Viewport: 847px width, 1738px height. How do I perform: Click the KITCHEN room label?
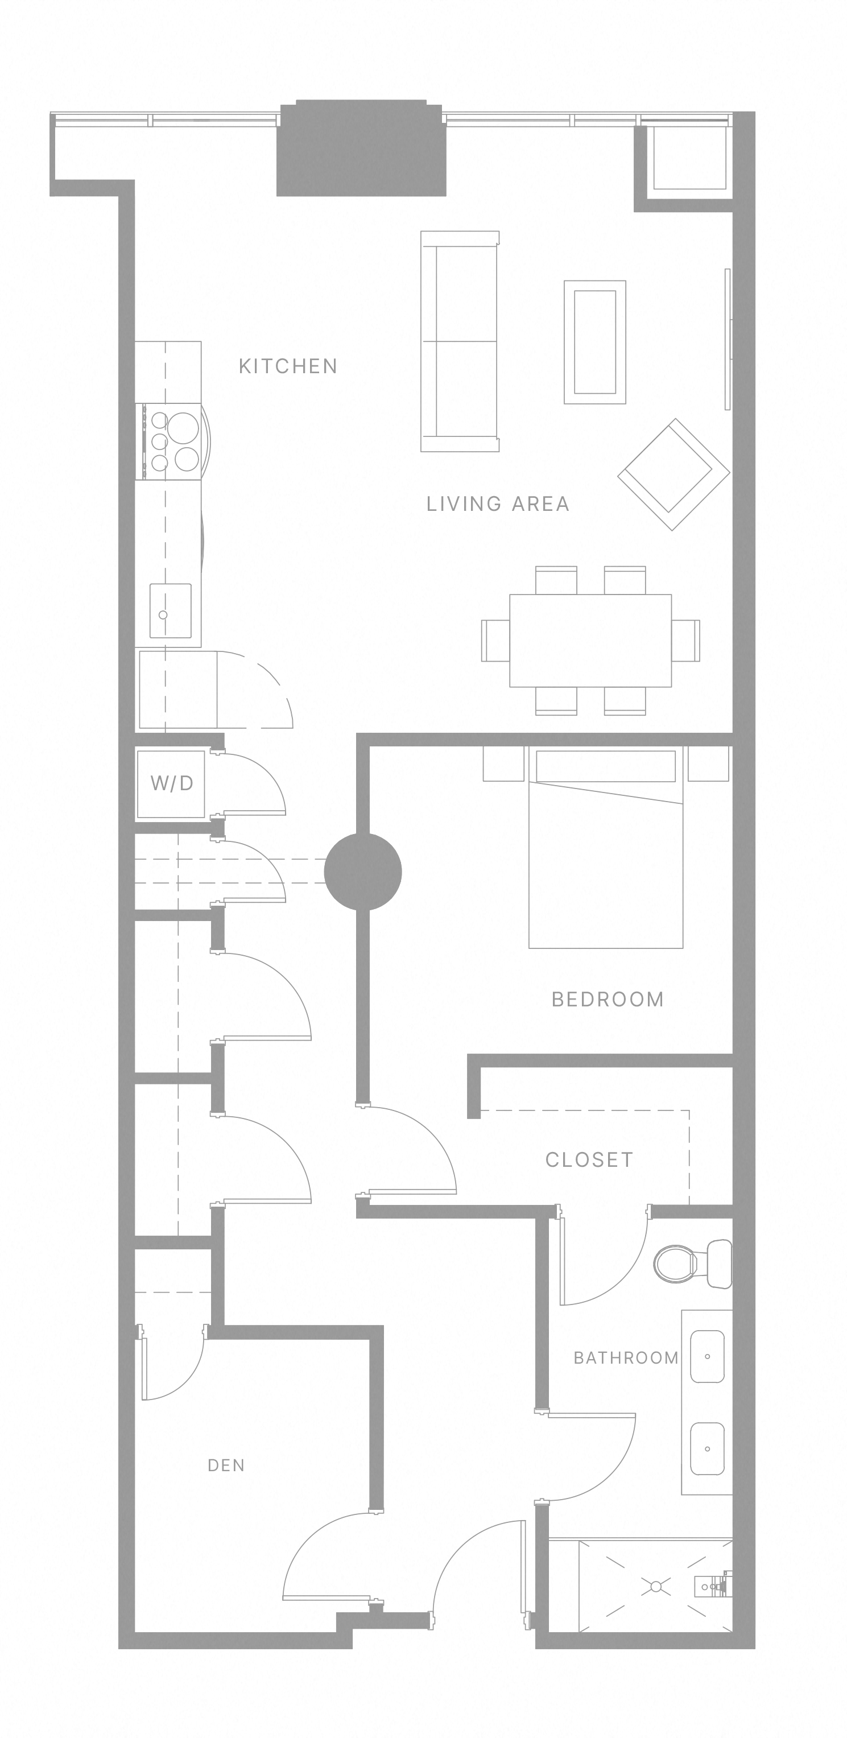(x=288, y=366)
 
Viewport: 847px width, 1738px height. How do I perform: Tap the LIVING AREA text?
(x=498, y=504)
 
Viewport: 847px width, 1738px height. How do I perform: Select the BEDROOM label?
(x=608, y=999)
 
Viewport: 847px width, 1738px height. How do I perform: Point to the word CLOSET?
(x=589, y=1160)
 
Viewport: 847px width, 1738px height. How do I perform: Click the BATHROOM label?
(x=626, y=1358)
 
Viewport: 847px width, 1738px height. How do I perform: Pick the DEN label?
(x=226, y=1465)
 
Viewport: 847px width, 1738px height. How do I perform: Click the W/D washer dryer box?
(x=171, y=783)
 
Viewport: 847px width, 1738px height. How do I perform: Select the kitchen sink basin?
(x=170, y=610)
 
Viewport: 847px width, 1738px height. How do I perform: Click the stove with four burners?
(x=172, y=442)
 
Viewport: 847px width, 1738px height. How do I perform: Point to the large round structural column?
(x=363, y=872)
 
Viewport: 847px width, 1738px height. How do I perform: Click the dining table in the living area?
(x=590, y=640)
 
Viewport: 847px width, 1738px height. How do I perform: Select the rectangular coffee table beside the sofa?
(x=595, y=342)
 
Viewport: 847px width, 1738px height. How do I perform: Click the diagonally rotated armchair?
(x=673, y=474)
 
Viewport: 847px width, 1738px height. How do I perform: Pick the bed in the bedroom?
(x=606, y=864)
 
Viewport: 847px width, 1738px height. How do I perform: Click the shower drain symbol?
(x=655, y=1587)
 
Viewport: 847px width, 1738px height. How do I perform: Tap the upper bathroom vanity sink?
(x=708, y=1356)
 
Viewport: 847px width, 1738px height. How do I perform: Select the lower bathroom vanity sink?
(x=708, y=1449)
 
